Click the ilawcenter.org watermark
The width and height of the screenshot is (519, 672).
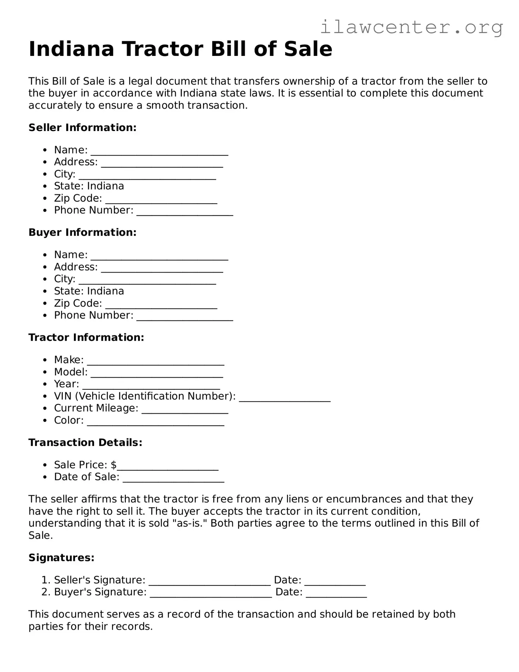[x=411, y=28]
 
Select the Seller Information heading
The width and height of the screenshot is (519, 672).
[x=82, y=128]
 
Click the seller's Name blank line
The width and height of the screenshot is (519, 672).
[x=159, y=152]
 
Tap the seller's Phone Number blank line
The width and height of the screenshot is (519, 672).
[x=185, y=212]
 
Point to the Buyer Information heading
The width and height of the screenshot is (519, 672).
[x=82, y=233]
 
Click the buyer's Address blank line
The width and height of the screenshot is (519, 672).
[x=162, y=269]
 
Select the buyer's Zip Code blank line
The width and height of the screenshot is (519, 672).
[x=161, y=305]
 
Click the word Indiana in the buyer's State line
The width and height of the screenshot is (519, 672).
[x=106, y=291]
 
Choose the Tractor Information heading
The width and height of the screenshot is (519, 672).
[x=86, y=337]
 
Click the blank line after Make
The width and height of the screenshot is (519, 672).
[x=156, y=361]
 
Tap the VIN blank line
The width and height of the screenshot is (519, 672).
[x=284, y=398]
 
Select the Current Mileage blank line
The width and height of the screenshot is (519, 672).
[x=185, y=410]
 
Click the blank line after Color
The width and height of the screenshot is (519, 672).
[x=156, y=422]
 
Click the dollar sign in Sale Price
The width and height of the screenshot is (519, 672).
[x=114, y=465]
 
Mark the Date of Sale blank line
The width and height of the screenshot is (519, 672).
[x=173, y=478]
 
